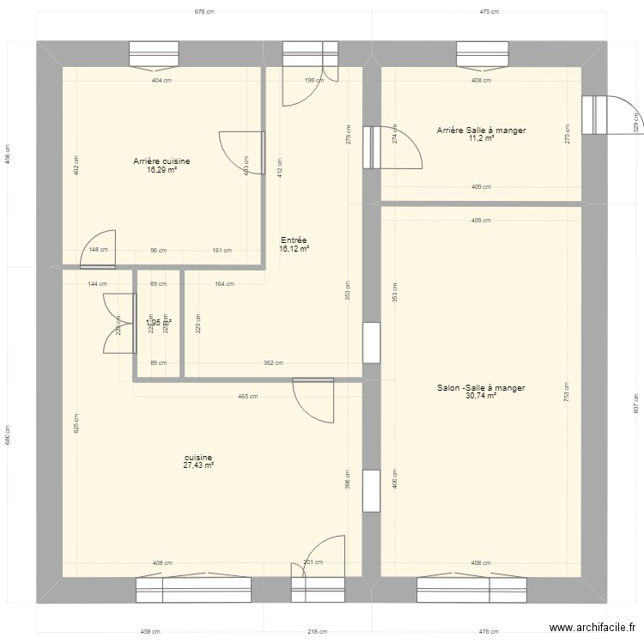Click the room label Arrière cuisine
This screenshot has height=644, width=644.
pyautogui.click(x=161, y=161)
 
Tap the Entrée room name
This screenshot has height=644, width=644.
pyautogui.click(x=294, y=240)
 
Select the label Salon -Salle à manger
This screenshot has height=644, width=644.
pyautogui.click(x=480, y=388)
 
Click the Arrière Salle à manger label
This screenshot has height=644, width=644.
pyautogui.click(x=481, y=131)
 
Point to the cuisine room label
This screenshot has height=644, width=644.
pyautogui.click(x=197, y=458)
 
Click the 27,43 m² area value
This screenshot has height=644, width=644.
pyautogui.click(x=197, y=465)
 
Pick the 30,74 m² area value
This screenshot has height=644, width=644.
pyautogui.click(x=480, y=396)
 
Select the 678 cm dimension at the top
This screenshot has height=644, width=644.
pyautogui.click(x=204, y=12)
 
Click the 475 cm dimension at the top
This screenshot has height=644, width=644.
pyautogui.click(x=489, y=12)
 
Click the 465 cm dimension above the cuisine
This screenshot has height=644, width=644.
pyautogui.click(x=248, y=397)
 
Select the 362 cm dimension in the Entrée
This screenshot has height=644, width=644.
pyautogui.click(x=273, y=363)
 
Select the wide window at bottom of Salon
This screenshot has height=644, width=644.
pyautogui.click(x=471, y=589)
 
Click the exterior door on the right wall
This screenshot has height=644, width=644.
pyautogui.click(x=594, y=114)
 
